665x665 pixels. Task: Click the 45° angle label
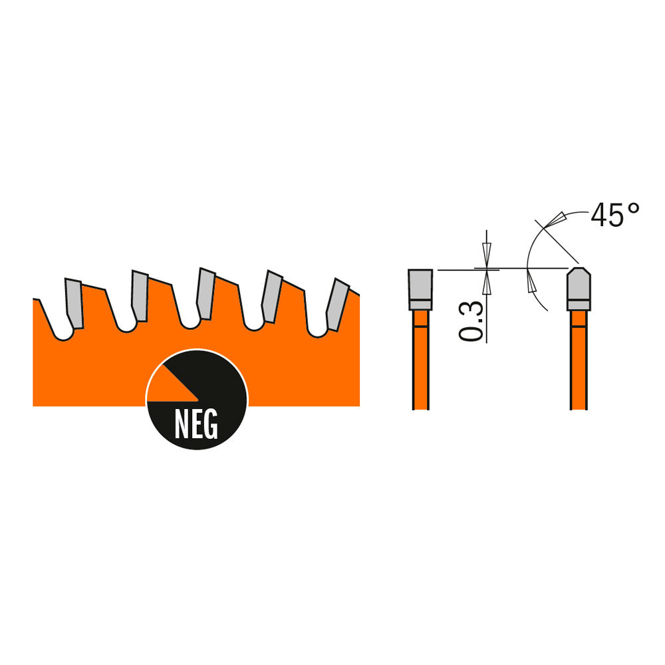(615, 215)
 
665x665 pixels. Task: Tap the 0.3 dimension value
(471, 321)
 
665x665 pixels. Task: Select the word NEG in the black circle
(196, 424)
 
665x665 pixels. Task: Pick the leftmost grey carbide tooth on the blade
(74, 303)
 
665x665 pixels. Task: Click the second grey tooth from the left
(140, 296)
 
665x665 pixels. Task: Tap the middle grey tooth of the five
(206, 293)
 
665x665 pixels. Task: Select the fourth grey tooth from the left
(272, 296)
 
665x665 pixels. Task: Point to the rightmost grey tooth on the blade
(338, 304)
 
